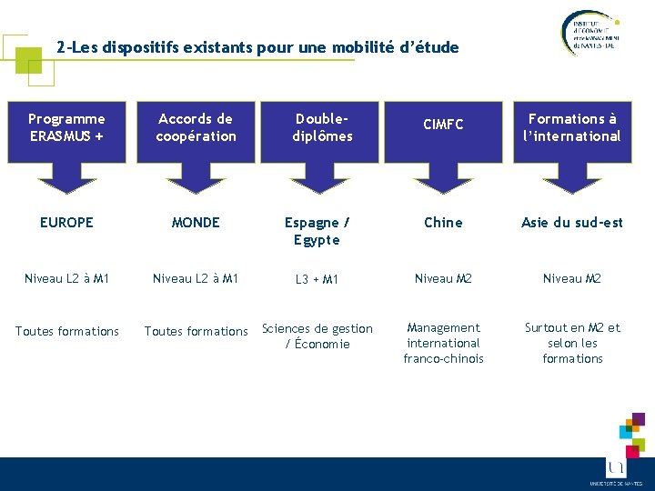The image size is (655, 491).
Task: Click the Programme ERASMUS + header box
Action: (66, 127)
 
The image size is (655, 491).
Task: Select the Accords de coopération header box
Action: (196, 127)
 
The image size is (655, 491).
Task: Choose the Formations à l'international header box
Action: (572, 127)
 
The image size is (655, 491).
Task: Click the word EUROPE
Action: (66, 223)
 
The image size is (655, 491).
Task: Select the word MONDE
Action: (196, 223)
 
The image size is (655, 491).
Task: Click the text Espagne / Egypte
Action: (317, 231)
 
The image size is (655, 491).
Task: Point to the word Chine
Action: (443, 223)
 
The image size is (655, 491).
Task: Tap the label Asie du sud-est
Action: (572, 223)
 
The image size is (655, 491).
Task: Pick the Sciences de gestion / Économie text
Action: (317, 336)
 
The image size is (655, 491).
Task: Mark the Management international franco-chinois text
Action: (443, 343)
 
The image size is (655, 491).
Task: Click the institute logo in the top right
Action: (589, 35)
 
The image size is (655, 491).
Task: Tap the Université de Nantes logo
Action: (616, 469)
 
